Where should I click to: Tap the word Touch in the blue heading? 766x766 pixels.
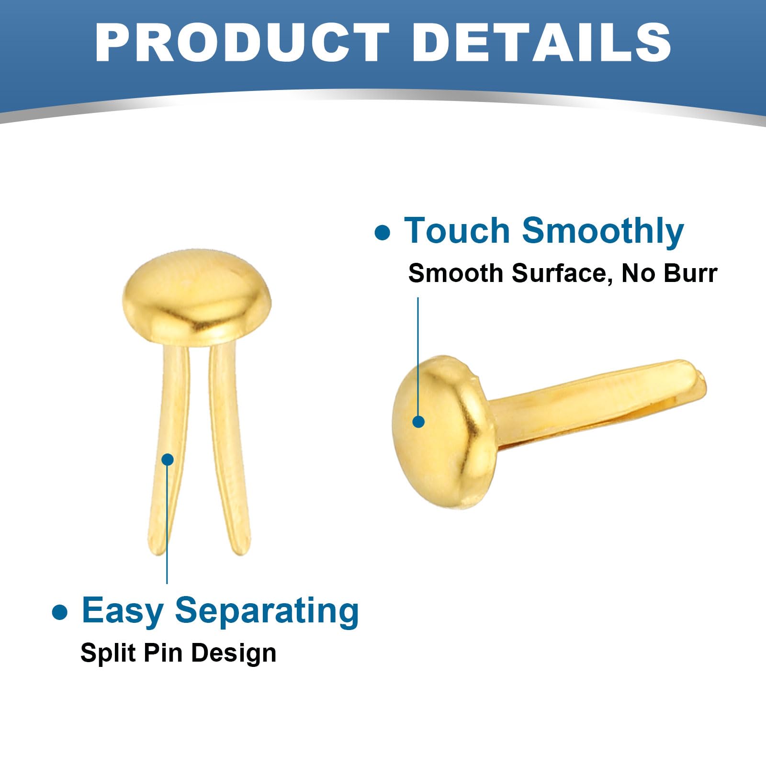pyautogui.click(x=457, y=231)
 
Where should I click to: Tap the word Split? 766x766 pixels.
pyautogui.click(x=101, y=653)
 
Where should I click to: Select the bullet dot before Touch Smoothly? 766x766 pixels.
pyautogui.click(x=382, y=233)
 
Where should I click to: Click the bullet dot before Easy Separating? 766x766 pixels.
pyautogui.click(x=59, y=612)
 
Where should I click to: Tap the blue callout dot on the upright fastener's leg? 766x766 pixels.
pyautogui.click(x=168, y=460)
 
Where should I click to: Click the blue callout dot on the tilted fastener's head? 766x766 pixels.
pyautogui.click(x=418, y=421)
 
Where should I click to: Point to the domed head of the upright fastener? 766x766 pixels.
pyautogui.click(x=197, y=297)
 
